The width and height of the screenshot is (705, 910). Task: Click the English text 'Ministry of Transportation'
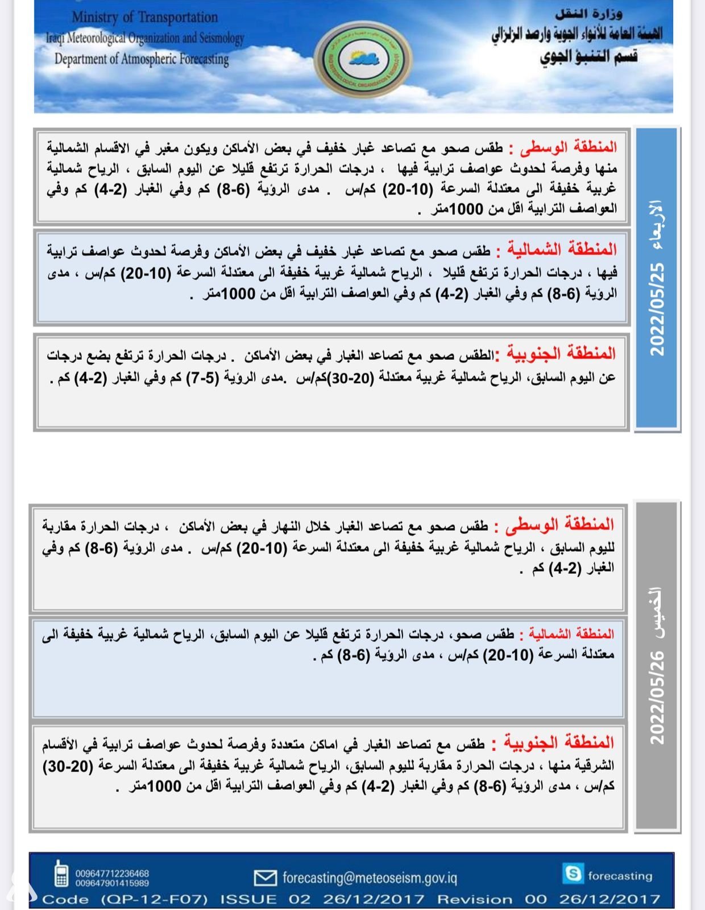click(144, 18)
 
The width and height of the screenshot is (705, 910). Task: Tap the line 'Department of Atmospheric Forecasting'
click(142, 59)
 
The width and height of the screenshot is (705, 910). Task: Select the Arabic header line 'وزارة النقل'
click(588, 14)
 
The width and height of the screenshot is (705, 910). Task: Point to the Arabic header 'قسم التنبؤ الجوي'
click(588, 56)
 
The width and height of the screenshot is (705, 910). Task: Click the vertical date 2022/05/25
click(657, 309)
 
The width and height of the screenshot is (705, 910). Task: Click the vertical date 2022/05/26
click(657, 698)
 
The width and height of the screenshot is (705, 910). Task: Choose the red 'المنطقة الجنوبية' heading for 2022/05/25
click(561, 353)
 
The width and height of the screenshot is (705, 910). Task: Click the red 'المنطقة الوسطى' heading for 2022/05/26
click(560, 524)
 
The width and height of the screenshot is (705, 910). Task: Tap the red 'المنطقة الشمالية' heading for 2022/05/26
click(571, 633)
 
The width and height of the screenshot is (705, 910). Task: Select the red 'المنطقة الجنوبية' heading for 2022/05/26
click(559, 742)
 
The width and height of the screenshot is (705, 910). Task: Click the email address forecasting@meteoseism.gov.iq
click(370, 878)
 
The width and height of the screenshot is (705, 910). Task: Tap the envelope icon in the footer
click(265, 878)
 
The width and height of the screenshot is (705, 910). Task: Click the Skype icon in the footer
click(572, 873)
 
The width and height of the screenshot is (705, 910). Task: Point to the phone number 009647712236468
click(112, 873)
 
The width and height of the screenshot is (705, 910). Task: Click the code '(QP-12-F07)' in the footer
click(155, 899)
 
